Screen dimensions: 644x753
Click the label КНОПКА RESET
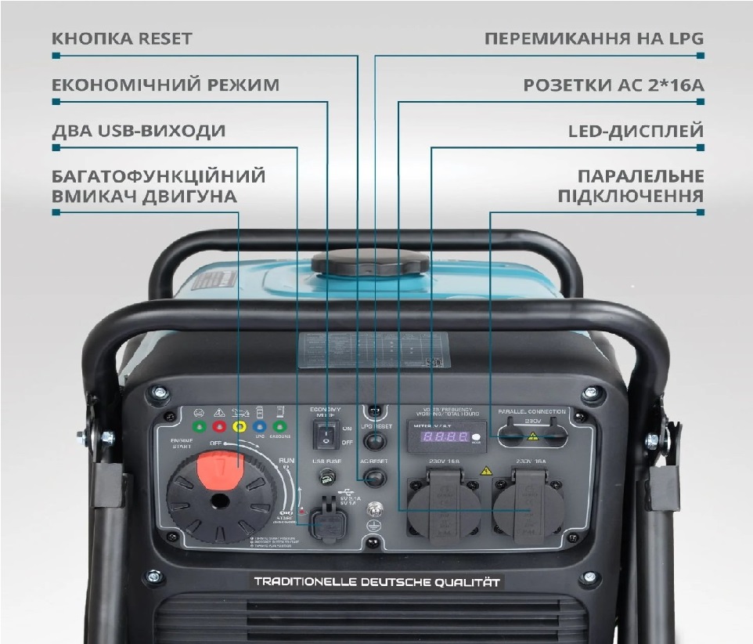[x=121, y=38]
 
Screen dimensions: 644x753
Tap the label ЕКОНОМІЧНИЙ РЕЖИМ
[x=165, y=85]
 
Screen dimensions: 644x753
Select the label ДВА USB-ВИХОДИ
[x=139, y=131]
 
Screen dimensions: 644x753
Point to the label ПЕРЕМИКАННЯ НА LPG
[x=594, y=38]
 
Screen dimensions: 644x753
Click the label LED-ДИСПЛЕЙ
[x=636, y=131]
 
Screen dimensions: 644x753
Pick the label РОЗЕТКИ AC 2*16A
[x=614, y=85]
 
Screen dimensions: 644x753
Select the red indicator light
[x=218, y=428]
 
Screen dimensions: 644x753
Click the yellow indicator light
[x=238, y=428]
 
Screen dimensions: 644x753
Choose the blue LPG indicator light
[x=258, y=428]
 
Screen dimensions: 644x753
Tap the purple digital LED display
[x=441, y=436]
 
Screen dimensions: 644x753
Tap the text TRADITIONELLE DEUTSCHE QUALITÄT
[x=376, y=582]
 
